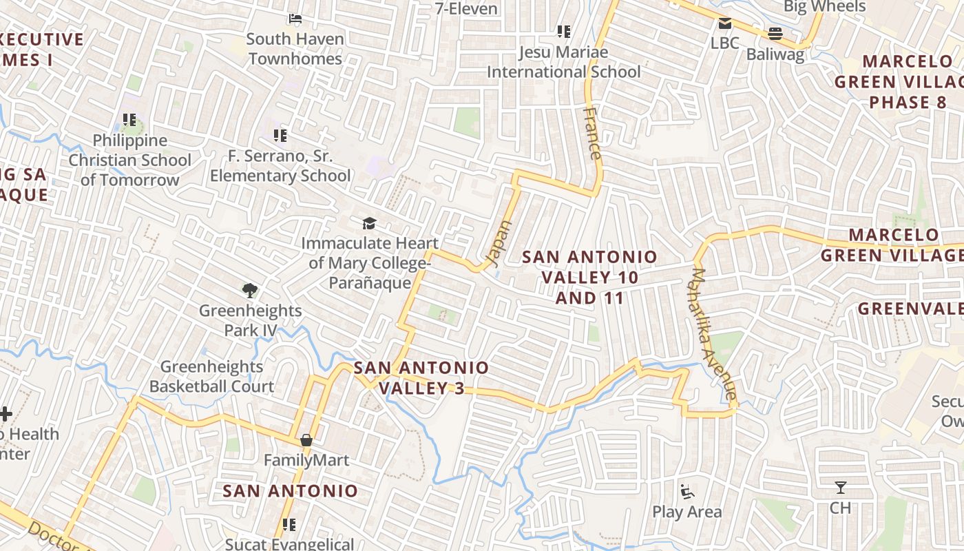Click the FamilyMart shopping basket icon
pos(306,440)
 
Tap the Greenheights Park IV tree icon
pos(250,291)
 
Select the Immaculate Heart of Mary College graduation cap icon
pos(370,223)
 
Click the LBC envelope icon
pos(724,24)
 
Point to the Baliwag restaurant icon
pos(775,33)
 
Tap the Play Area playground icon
pos(687,492)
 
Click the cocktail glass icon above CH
pos(840,488)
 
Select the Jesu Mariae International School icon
pos(563,32)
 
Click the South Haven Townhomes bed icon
pos(295,19)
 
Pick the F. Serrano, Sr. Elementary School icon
pos(280,136)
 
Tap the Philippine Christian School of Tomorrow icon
pos(129,120)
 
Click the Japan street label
pos(500,243)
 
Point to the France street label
pos(592,133)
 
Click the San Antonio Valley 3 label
pos(421,378)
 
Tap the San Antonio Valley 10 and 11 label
pos(589,277)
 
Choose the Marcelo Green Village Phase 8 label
pos(898,82)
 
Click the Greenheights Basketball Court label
pos(212,377)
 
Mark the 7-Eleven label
pos(466,9)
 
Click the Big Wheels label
pos(824,7)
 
